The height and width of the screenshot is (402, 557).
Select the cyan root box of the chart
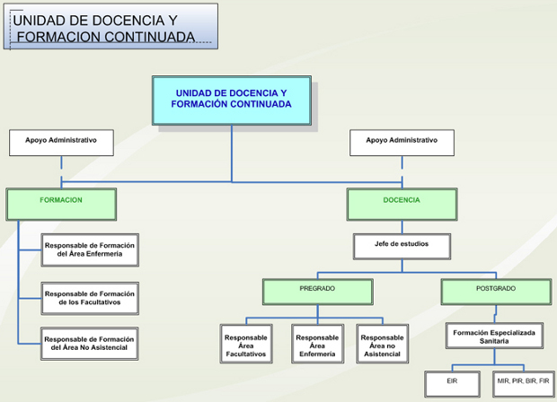(x=232, y=100)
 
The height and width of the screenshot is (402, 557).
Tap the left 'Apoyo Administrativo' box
(x=61, y=142)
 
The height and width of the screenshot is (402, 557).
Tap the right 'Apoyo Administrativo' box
(x=401, y=142)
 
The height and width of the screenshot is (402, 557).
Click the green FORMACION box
(x=61, y=204)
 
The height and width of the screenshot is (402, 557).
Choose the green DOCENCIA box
(x=401, y=204)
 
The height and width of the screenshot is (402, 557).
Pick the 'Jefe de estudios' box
(x=401, y=245)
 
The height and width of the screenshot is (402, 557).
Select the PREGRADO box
(x=317, y=291)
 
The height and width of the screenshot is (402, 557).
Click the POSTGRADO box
(x=495, y=291)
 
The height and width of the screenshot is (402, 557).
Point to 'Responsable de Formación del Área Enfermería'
(x=90, y=250)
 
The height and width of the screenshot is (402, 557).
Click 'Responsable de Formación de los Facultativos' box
(x=90, y=298)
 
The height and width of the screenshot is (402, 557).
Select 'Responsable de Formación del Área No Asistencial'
(x=90, y=344)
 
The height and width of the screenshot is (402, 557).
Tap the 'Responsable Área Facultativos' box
(x=245, y=344)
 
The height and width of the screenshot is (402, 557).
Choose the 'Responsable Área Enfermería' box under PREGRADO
(x=317, y=344)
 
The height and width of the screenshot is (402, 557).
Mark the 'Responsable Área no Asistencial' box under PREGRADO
(x=382, y=344)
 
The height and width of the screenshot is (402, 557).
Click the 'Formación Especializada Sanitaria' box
(x=495, y=336)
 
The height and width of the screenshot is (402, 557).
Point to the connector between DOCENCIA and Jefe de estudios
(x=401, y=227)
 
